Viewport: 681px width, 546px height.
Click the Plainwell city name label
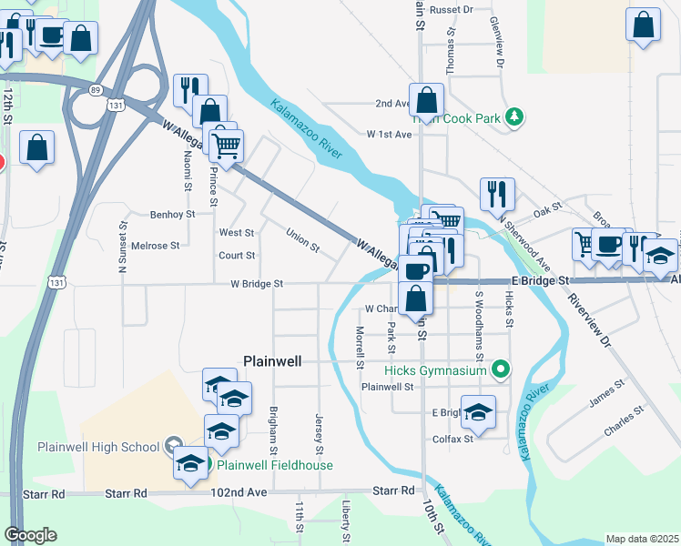pyautogui.click(x=272, y=360)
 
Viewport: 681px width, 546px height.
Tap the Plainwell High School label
pyautogui.click(x=98, y=446)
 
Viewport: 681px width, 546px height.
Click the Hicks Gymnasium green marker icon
pyautogui.click(x=500, y=369)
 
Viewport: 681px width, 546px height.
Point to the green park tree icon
pyautogui.click(x=515, y=117)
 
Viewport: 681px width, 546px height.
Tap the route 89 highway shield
pyautogui.click(x=96, y=89)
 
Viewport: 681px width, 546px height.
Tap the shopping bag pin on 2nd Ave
pyautogui.click(x=425, y=100)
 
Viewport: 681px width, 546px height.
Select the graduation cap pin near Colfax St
pyautogui.click(x=478, y=412)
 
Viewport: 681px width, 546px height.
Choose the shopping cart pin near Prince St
pyautogui.click(x=227, y=144)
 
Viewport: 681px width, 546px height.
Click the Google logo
pyautogui.click(x=30, y=535)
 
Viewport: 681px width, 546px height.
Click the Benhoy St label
pyautogui.click(x=172, y=215)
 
